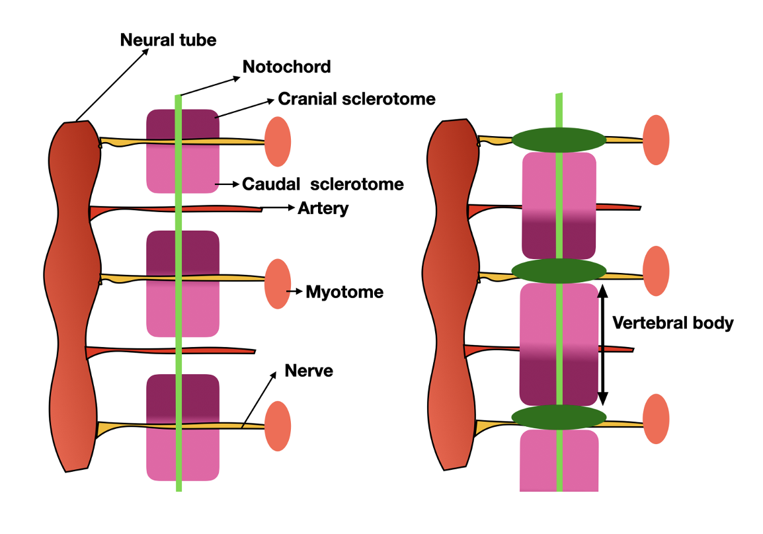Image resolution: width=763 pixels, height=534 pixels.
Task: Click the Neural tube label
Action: click(168, 40)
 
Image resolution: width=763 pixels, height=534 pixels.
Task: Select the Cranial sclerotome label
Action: click(356, 99)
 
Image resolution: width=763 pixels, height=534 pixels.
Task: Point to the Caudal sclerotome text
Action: click(323, 184)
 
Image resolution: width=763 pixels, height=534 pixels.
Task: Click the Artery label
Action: click(323, 209)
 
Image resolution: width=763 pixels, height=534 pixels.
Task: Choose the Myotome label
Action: click(344, 291)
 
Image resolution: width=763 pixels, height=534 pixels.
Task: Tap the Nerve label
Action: click(309, 371)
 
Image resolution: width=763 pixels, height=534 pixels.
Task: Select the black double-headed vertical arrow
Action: click(602, 344)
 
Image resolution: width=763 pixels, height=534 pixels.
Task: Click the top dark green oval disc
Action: click(559, 139)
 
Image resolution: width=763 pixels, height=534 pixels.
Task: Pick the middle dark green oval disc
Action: click(559, 271)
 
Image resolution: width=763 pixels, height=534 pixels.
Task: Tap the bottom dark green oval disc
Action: click(559, 416)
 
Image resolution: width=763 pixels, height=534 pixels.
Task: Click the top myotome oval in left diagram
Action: click(278, 141)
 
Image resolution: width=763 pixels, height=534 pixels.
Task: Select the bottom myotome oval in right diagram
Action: click(656, 418)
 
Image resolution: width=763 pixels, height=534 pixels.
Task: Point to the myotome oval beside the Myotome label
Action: click(278, 284)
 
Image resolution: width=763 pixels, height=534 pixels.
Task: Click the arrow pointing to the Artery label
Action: click(278, 209)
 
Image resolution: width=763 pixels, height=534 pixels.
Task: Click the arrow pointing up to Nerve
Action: click(259, 400)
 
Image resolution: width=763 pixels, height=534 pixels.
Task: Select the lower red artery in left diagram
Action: click(172, 350)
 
